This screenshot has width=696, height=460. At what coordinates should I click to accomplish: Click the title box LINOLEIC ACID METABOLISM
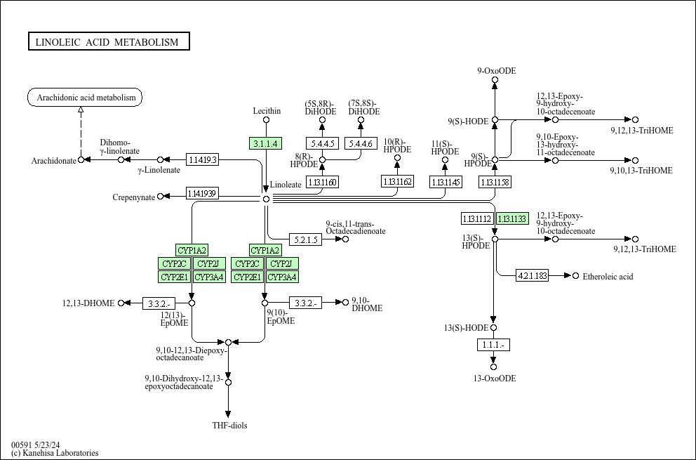[109, 42]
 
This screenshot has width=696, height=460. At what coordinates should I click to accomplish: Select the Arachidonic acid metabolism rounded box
[85, 98]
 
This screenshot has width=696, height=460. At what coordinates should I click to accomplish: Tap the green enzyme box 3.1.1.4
[265, 143]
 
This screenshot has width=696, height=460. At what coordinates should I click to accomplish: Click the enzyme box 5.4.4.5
[323, 143]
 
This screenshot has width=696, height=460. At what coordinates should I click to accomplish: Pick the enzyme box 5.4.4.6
[361, 143]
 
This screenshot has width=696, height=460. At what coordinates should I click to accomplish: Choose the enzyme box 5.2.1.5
[306, 239]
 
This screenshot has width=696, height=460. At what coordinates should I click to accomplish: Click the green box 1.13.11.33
[512, 218]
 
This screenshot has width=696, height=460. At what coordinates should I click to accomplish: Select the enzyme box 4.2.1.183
[532, 275]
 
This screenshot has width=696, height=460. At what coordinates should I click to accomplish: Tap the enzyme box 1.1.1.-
[493, 345]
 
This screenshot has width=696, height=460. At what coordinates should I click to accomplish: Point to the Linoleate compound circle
[266, 199]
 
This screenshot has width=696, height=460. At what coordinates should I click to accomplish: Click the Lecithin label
[267, 111]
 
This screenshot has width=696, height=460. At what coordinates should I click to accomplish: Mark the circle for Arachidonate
[81, 160]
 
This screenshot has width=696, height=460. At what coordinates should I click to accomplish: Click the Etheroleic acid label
[608, 276]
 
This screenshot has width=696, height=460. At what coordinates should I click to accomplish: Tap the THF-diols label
[229, 426]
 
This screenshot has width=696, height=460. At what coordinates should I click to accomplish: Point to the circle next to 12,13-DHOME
[121, 303]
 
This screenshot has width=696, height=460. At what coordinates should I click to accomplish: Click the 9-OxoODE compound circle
[495, 80]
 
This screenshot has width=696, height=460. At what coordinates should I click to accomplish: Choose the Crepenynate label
[133, 197]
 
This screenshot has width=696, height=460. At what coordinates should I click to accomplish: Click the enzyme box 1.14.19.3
[202, 159]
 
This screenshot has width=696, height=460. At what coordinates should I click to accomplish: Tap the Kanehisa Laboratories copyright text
[55, 453]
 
